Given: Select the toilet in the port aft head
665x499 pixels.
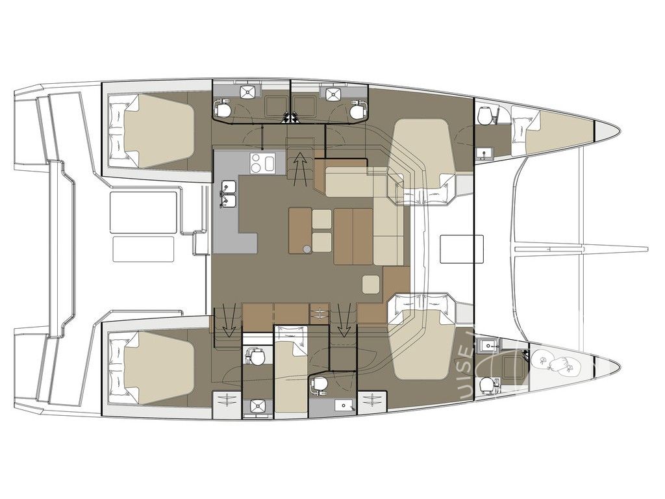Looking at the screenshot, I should pos(223,110).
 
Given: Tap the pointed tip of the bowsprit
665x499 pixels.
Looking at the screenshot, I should pos(647,249).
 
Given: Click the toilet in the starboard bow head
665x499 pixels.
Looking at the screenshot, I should pos(486,385).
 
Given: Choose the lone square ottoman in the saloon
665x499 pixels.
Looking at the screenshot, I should pos(370,284).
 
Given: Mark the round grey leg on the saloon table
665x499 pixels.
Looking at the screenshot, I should pos(306,247).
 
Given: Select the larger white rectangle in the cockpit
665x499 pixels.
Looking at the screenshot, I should pos(144,211).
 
